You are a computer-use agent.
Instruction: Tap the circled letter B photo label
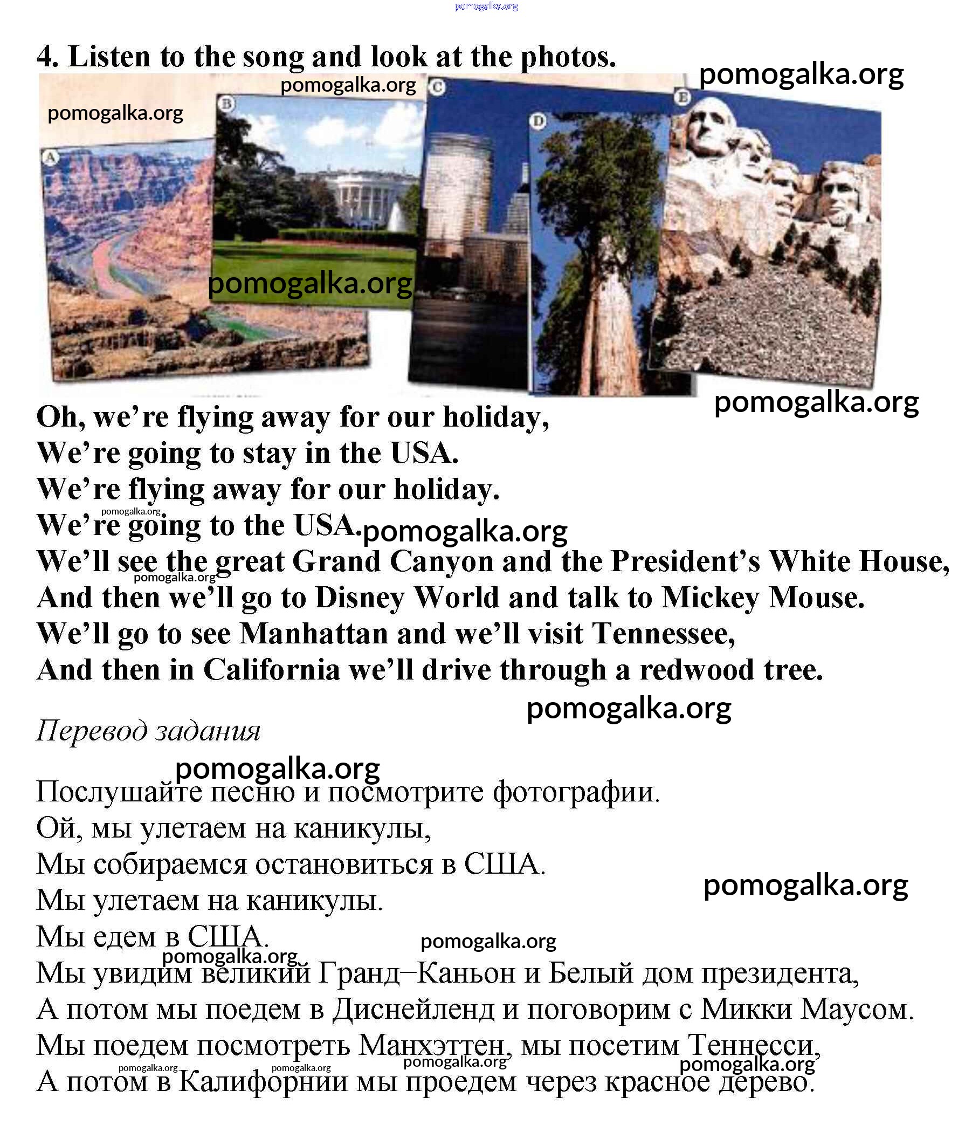(x=226, y=104)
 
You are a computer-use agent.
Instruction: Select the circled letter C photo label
(x=437, y=87)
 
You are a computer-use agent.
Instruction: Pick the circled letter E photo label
(x=683, y=97)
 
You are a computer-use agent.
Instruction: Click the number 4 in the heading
(x=47, y=57)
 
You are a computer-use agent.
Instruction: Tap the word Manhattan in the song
(x=314, y=634)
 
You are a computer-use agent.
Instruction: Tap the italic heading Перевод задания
(x=148, y=731)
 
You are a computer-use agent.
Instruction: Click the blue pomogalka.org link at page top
(x=486, y=6)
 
